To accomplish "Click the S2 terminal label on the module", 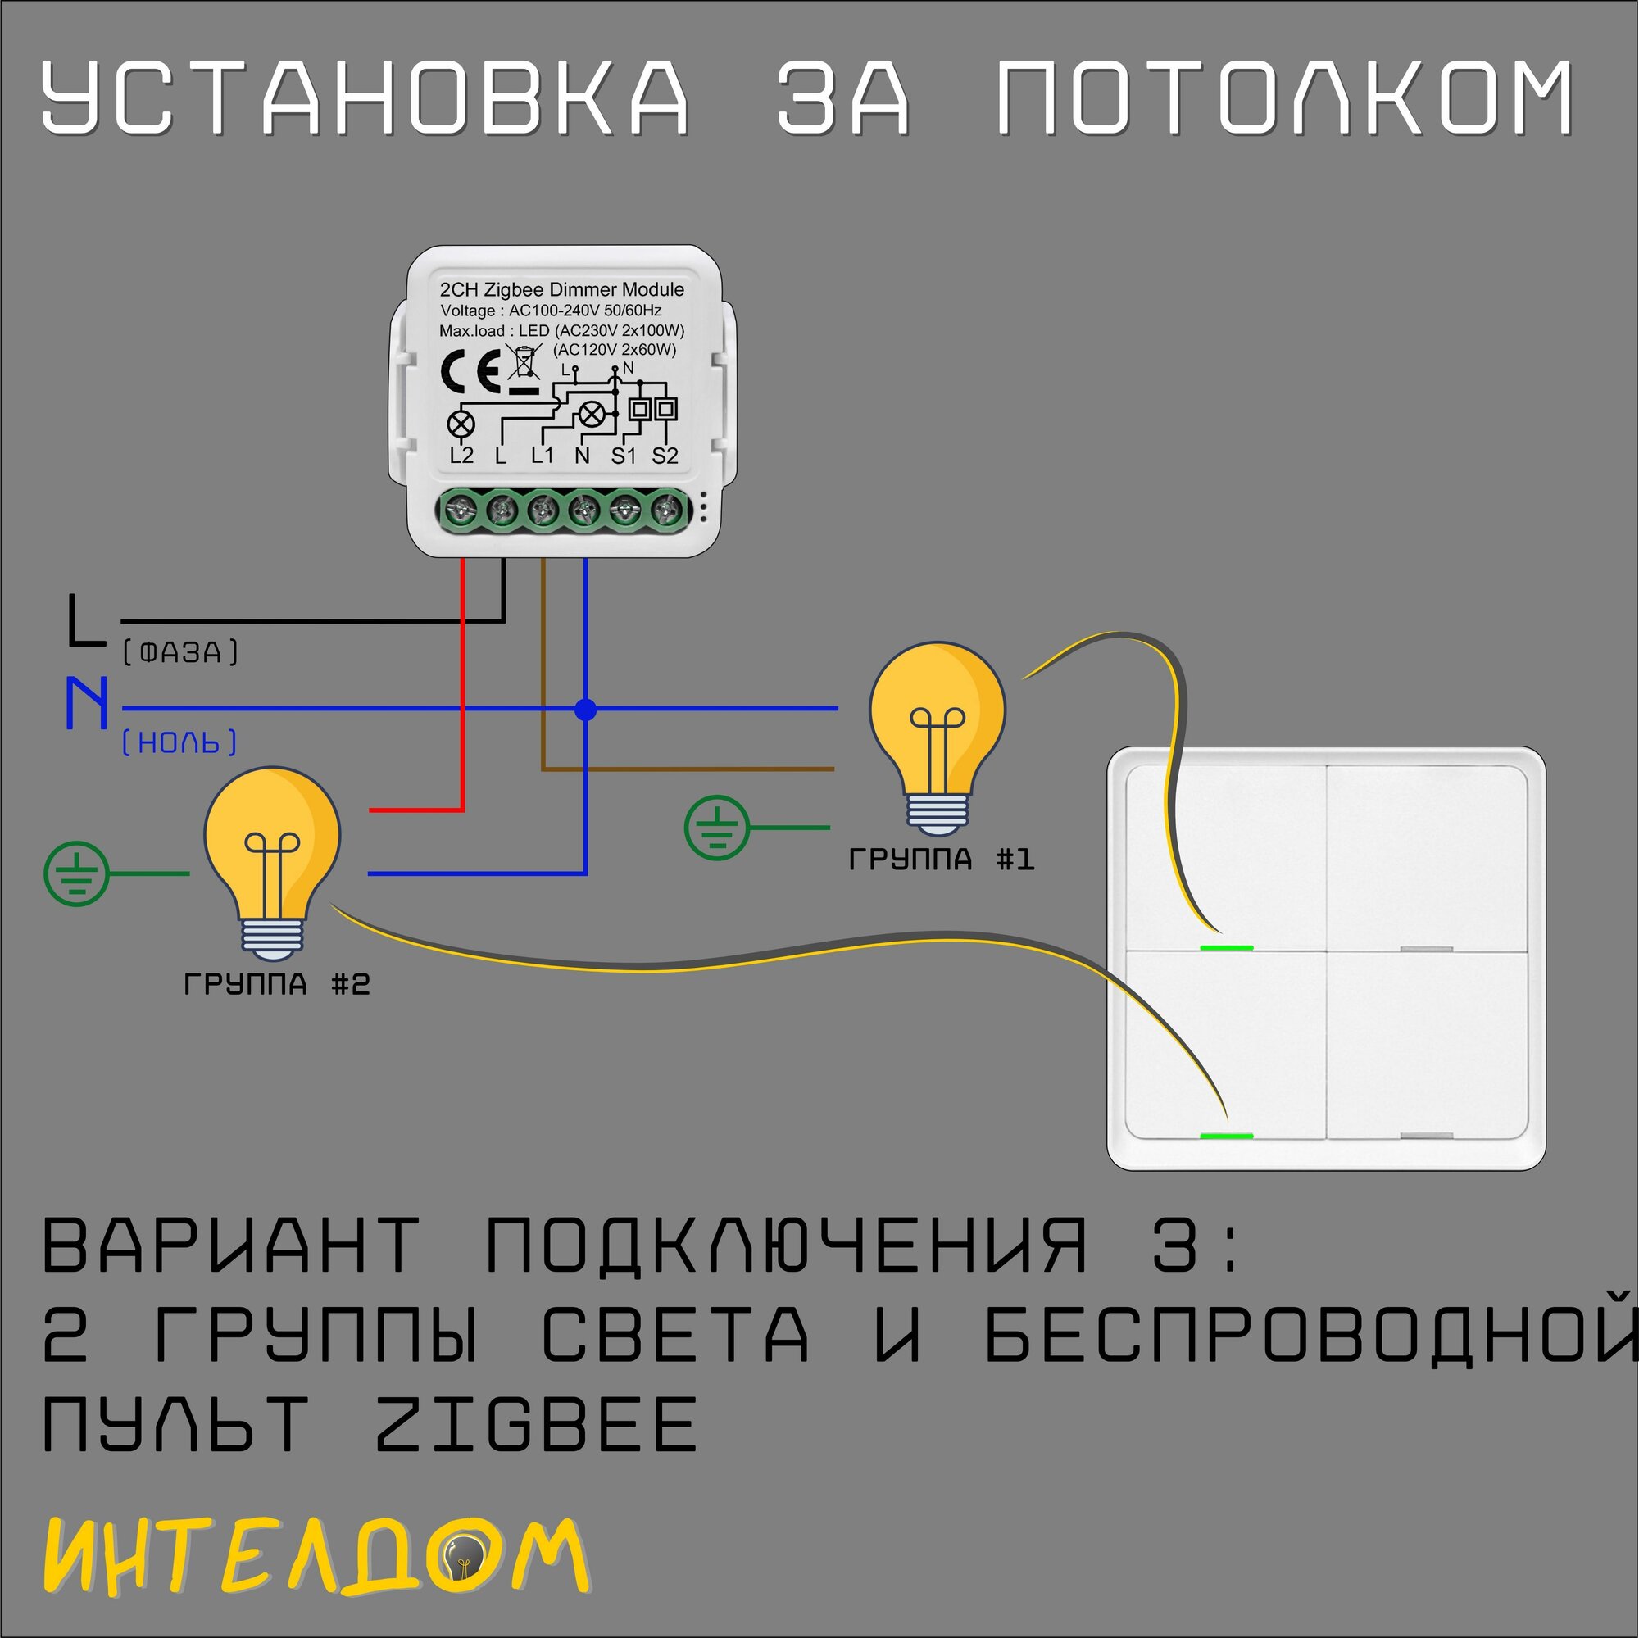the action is pos(665,456).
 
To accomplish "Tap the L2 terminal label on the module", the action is pos(461,456).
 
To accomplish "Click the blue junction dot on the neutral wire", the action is pos(585,710).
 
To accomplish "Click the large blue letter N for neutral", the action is pos(88,702).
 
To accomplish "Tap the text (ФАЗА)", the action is pos(180,652).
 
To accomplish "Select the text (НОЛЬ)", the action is pos(179,743).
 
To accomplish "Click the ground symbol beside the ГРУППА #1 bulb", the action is pos(717,828).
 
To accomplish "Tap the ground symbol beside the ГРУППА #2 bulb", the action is pos(76,873).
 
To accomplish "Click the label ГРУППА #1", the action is pos(942,860).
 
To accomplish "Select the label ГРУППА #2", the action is pos(276,985).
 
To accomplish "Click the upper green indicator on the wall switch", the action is pos(1227,948).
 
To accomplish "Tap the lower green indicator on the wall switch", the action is pos(1227,1136).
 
